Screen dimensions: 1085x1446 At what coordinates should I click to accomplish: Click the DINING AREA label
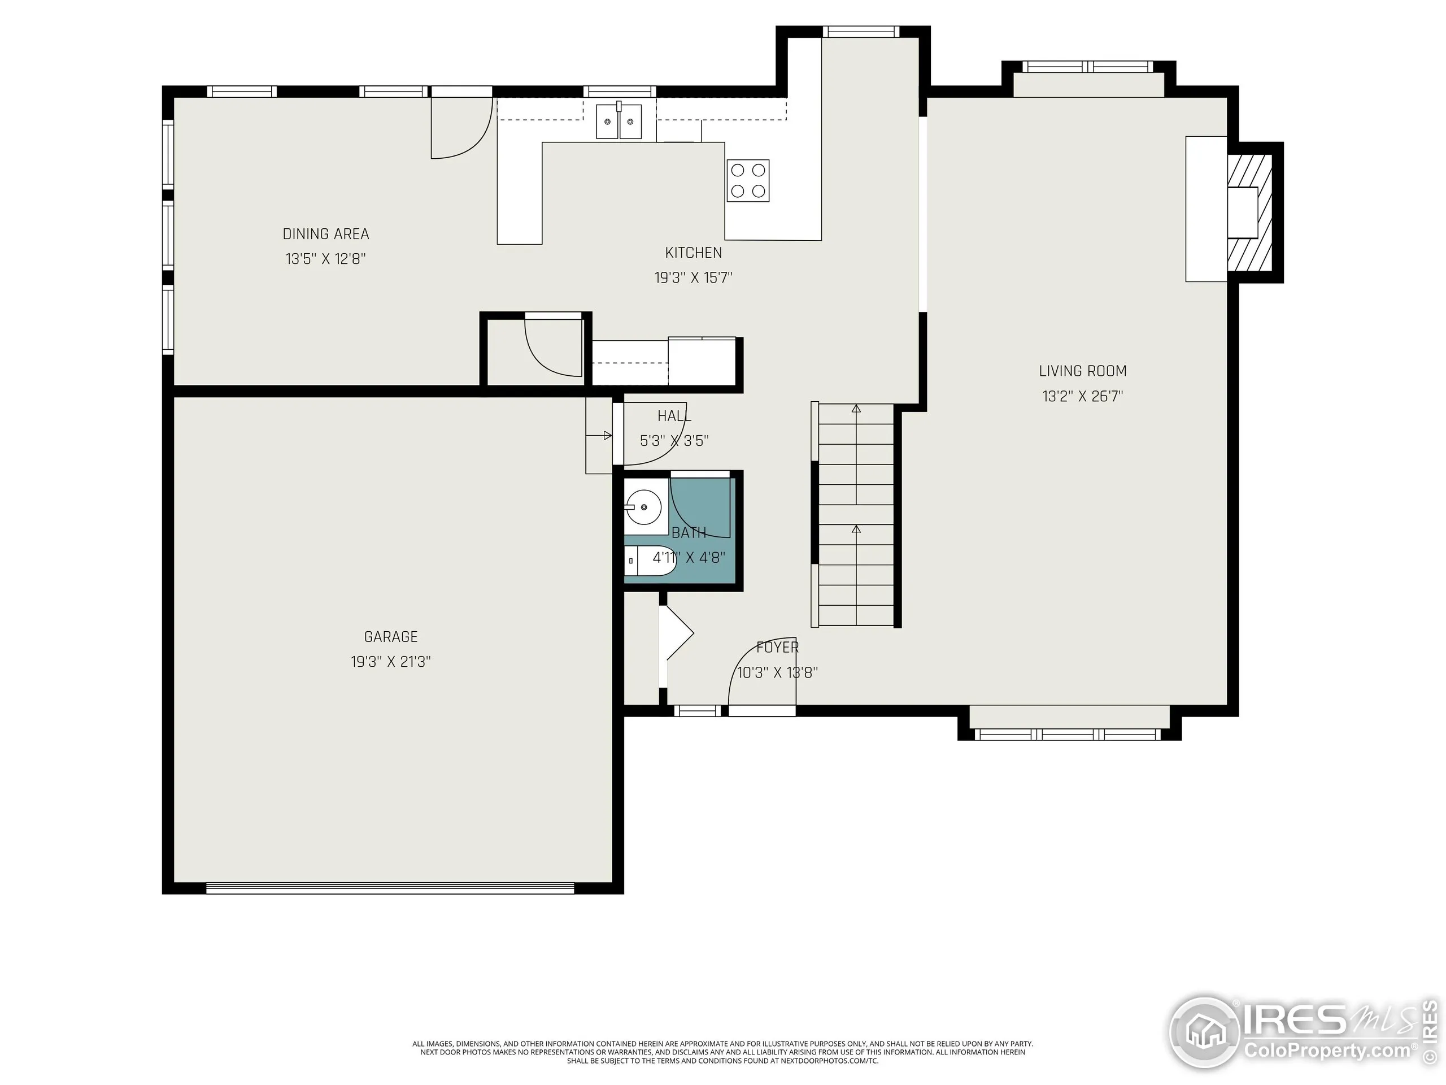coord(325,234)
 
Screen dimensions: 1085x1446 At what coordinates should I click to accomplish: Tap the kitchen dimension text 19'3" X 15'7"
coord(693,278)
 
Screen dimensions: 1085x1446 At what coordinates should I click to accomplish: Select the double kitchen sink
coord(619,121)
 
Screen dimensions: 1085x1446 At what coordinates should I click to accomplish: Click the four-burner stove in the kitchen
coord(748,180)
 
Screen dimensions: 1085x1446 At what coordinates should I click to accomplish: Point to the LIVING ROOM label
coord(1083,371)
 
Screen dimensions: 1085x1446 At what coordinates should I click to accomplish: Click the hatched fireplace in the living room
coord(1250,212)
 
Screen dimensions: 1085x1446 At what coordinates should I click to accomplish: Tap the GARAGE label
coord(390,636)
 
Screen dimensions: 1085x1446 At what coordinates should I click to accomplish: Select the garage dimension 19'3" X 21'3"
coord(390,662)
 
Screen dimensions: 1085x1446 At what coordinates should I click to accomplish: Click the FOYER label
coord(777,648)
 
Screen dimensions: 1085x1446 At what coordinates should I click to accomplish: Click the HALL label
coord(674,416)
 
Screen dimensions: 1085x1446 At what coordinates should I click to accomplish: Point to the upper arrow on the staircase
coord(856,409)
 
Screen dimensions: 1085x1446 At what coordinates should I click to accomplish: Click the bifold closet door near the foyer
coord(677,632)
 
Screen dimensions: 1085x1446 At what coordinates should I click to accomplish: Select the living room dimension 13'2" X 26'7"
coord(1083,396)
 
